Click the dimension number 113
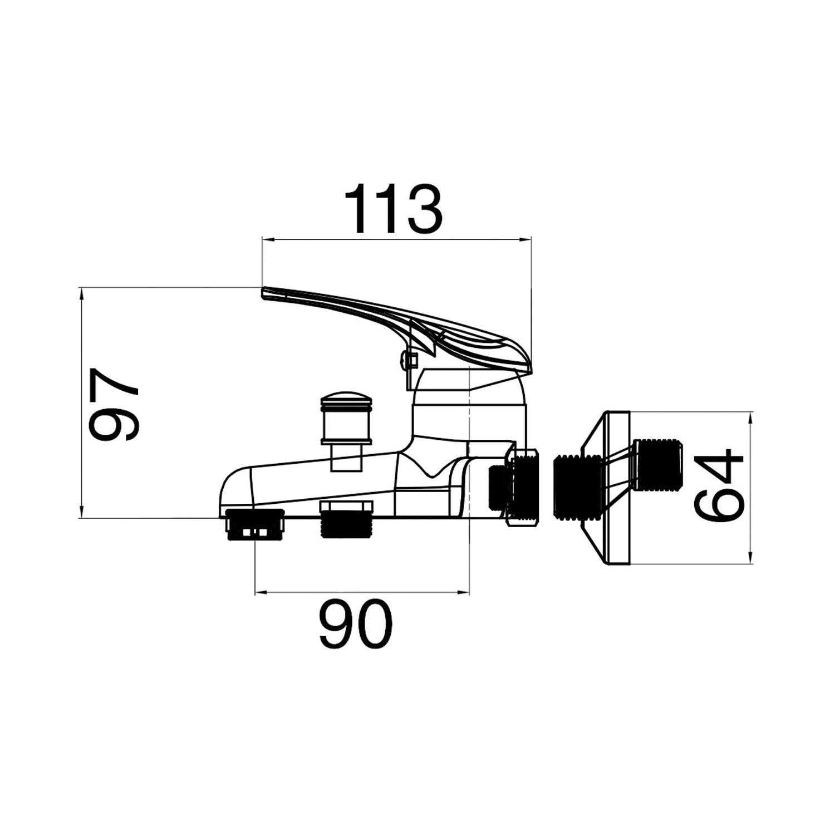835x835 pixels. point(394,209)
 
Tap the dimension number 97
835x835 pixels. point(114,404)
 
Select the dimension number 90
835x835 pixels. point(356,624)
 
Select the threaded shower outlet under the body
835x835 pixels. point(346,519)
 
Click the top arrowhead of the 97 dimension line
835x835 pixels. point(82,293)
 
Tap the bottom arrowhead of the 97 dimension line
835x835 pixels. point(82,513)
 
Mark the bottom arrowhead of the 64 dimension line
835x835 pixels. point(751,559)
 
